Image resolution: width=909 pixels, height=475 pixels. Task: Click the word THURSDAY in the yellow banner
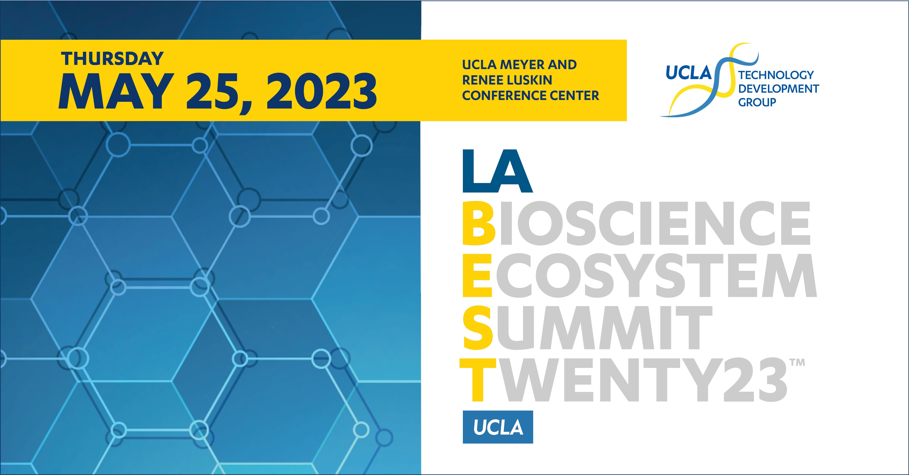pos(112,59)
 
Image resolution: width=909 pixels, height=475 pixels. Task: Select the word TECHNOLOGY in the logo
pos(776,75)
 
